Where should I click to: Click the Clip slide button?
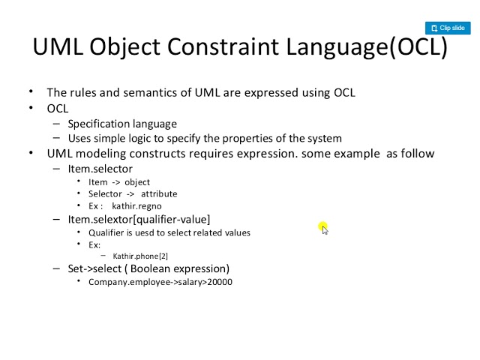448,28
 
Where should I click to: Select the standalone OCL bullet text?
57,108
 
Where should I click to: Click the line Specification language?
122,124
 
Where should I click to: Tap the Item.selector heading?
100,169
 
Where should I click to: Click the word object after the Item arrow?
137,182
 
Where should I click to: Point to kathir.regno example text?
136,206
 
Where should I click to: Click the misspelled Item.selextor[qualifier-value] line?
139,220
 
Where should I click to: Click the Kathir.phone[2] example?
140,256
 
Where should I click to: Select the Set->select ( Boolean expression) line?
148,268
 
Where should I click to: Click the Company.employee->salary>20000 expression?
160,282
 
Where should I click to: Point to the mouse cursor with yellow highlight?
322,227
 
